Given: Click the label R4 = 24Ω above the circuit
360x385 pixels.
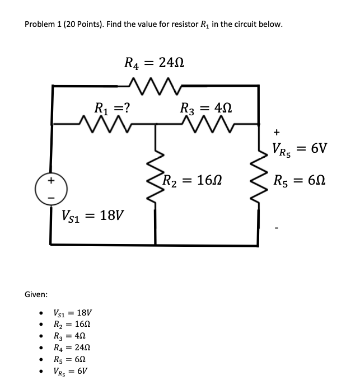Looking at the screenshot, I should tap(154, 63).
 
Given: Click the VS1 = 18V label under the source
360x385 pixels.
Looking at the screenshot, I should tap(93, 215).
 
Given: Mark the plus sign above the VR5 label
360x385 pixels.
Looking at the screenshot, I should tap(276, 132).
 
